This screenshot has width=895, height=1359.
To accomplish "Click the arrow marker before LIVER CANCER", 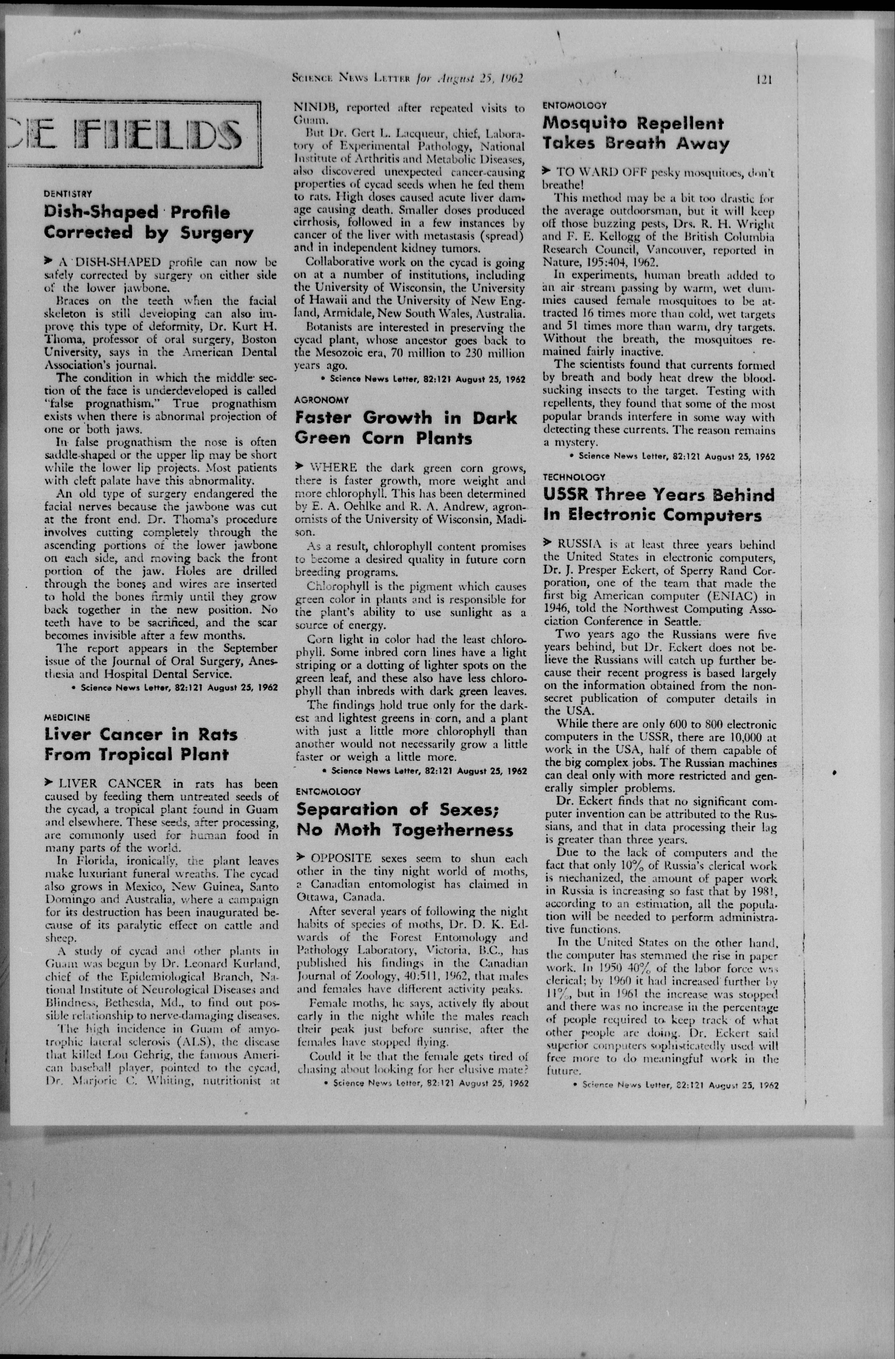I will (49, 783).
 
